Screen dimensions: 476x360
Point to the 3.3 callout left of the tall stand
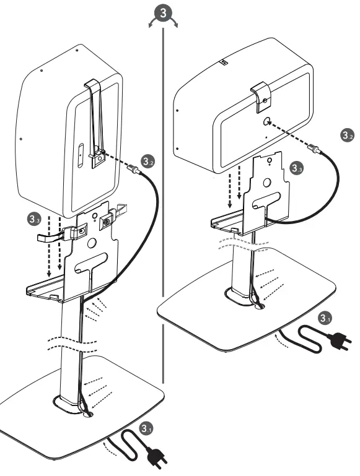coord(35,218)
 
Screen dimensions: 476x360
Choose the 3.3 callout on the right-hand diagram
coord(297,168)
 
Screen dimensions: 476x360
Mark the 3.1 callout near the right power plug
coord(323,318)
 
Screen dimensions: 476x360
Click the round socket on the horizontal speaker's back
coord(266,122)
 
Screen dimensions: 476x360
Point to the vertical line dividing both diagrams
coord(163,217)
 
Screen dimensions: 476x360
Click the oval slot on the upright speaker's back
coord(81,152)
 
